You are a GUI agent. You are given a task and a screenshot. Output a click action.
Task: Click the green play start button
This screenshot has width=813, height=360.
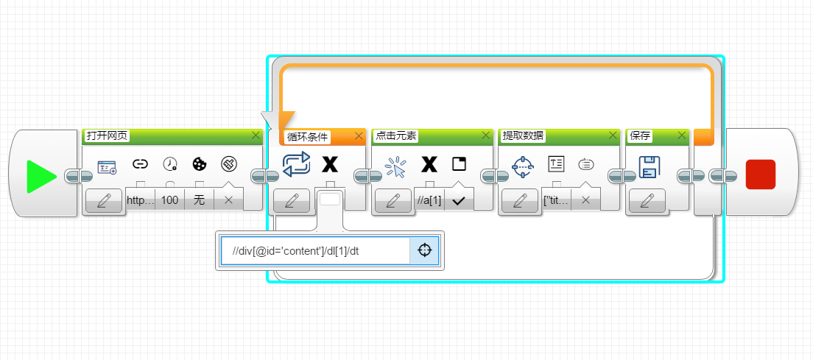pyautogui.click(x=41, y=176)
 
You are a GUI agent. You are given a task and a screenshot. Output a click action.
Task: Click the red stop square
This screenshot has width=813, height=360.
pyautogui.click(x=761, y=174)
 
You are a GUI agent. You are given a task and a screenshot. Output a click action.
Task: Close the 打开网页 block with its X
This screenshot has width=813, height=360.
pyautogui.click(x=256, y=135)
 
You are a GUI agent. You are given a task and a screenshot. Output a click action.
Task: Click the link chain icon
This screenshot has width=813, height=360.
pyautogui.click(x=141, y=164)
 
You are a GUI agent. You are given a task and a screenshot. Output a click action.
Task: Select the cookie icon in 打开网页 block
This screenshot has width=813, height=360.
pyautogui.click(x=199, y=164)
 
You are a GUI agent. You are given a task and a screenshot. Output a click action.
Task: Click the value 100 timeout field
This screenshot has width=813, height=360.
pyautogui.click(x=169, y=200)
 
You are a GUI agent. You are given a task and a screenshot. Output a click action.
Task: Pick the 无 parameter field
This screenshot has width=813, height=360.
pyautogui.click(x=199, y=200)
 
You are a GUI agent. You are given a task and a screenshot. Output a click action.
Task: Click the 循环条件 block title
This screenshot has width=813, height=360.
pyautogui.click(x=308, y=137)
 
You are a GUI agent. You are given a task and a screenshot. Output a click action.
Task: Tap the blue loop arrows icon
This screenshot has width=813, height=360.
pyautogui.click(x=296, y=164)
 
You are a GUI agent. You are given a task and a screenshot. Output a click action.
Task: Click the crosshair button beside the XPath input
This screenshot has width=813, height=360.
pyautogui.click(x=425, y=251)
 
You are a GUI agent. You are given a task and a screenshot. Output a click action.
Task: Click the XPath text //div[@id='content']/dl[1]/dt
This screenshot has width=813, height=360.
pyautogui.click(x=295, y=251)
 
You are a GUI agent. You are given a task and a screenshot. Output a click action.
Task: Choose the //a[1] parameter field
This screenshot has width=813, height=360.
pyautogui.click(x=429, y=200)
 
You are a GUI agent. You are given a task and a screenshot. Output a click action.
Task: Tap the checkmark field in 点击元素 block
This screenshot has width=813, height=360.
pyautogui.click(x=459, y=200)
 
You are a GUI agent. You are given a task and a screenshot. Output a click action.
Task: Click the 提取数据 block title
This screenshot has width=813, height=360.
pyautogui.click(x=523, y=135)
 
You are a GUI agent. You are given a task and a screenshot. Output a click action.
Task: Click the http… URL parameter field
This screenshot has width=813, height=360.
pyautogui.click(x=141, y=200)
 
